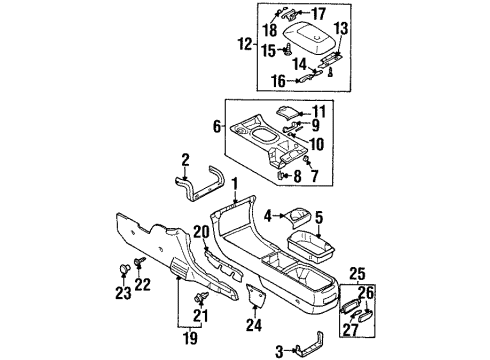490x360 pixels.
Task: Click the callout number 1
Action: [x=234, y=183]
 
